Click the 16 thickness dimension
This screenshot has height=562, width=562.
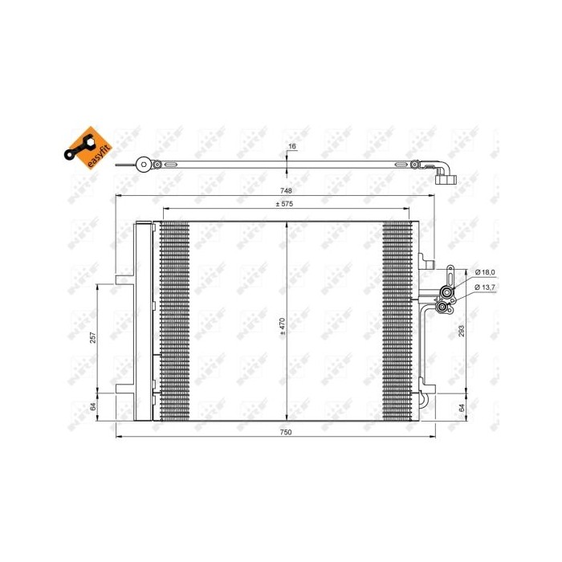[292, 147]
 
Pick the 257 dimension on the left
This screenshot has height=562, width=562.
[93, 337]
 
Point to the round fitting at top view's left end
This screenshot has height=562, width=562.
[144, 165]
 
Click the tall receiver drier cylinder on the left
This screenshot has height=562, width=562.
[142, 321]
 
